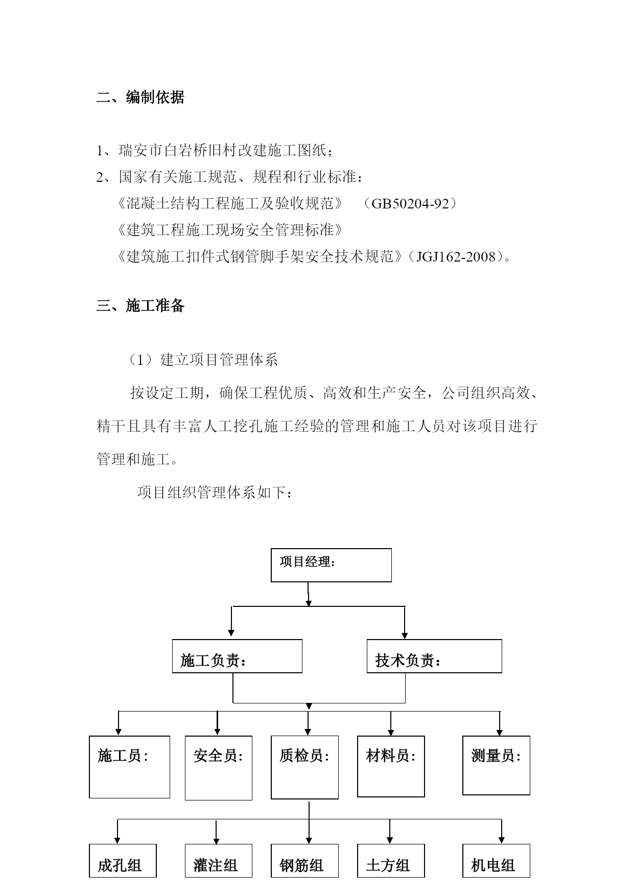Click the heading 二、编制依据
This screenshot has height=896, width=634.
[x=140, y=97]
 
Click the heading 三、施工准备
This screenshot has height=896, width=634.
[x=140, y=305]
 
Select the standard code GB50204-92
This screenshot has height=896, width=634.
[x=410, y=204]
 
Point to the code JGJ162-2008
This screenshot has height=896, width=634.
[x=456, y=256]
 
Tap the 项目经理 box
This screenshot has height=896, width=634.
[x=331, y=565]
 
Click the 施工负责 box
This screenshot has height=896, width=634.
[x=237, y=656]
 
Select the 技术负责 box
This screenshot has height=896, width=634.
[x=434, y=656]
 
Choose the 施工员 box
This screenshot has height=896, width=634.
[x=129, y=767]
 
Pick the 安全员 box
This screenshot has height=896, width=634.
[x=218, y=768]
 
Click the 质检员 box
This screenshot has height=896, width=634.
[x=304, y=767]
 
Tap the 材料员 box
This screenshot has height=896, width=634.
[x=391, y=766]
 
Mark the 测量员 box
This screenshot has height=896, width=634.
[x=496, y=765]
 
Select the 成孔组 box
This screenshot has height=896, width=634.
[x=123, y=861]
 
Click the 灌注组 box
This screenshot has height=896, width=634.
[x=218, y=861]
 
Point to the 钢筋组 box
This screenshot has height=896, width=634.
[x=304, y=861]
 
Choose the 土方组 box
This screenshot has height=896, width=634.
[x=391, y=861]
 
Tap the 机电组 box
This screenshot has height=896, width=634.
[x=496, y=861]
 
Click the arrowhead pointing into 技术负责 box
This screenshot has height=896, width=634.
[x=405, y=635]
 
